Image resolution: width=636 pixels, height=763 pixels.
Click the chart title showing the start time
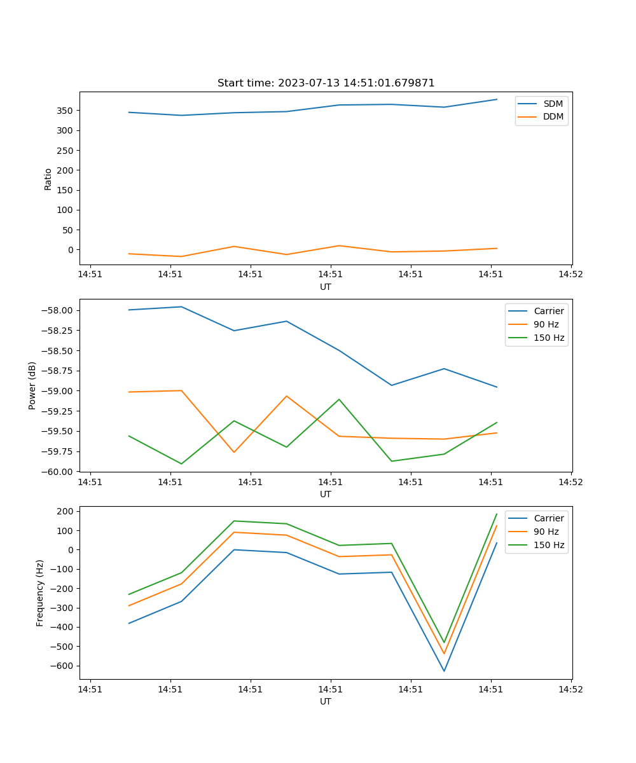[x=326, y=83]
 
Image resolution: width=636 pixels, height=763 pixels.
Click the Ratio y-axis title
[x=48, y=179]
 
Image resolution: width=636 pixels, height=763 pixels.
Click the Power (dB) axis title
[x=32, y=385]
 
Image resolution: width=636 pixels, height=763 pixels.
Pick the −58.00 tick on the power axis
[x=58, y=311]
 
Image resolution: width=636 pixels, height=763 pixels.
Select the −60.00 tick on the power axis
[x=58, y=472]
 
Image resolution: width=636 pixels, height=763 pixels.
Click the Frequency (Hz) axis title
[x=40, y=593]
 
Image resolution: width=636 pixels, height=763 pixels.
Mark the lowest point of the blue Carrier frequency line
[x=444, y=671]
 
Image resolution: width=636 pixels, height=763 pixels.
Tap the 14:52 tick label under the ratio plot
[x=570, y=275]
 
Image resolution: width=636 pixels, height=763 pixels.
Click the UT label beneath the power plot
[x=326, y=494]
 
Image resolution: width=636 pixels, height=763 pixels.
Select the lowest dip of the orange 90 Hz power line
[x=234, y=452]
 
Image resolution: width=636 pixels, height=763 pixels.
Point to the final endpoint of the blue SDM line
[x=497, y=99]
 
